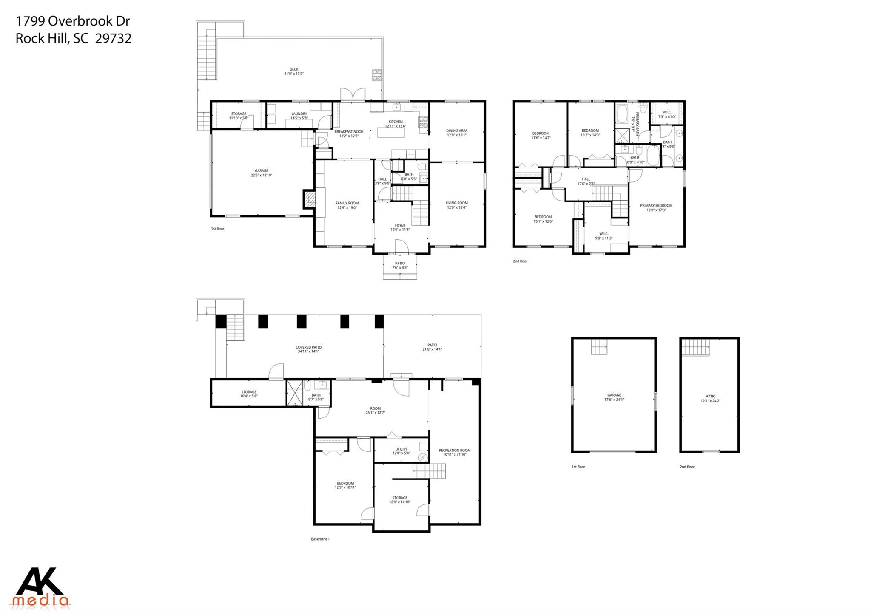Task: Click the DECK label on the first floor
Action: [x=294, y=69]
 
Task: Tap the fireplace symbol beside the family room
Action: [x=310, y=199]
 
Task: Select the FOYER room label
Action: [x=400, y=225]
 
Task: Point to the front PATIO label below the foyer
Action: [x=400, y=264]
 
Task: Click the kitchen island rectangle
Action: [x=392, y=132]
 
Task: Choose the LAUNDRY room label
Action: [x=299, y=114]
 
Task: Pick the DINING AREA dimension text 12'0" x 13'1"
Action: [x=457, y=135]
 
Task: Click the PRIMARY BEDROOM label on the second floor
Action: [x=656, y=206]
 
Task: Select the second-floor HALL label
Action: [x=586, y=179]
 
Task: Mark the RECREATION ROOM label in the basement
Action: [x=455, y=451]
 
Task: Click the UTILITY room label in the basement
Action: [x=401, y=449]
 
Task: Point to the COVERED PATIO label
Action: [x=309, y=347]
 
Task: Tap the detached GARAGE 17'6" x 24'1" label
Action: [x=614, y=395]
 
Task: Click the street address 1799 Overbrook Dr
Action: [x=73, y=21]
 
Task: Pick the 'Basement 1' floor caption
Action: [x=320, y=539]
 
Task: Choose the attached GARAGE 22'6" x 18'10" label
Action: [x=262, y=171]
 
